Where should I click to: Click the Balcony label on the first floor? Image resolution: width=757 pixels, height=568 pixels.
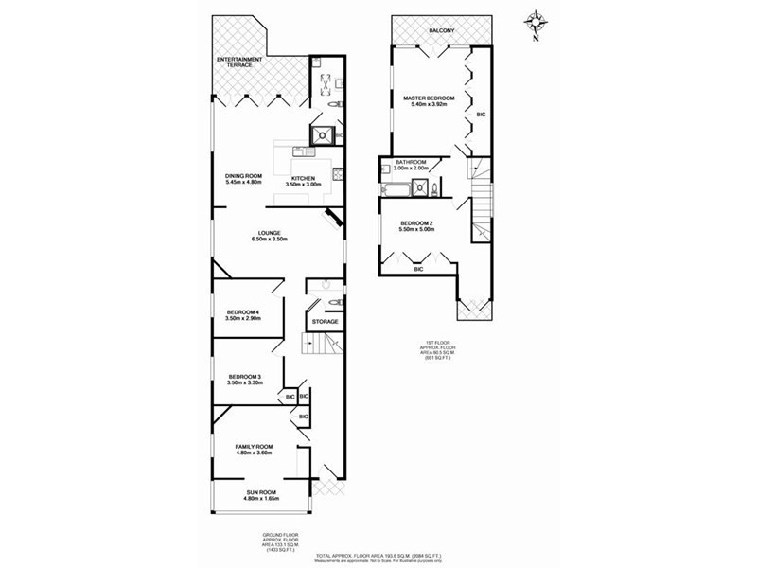coord(441,31)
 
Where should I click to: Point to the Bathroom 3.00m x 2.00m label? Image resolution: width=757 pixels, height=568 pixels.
coord(413,164)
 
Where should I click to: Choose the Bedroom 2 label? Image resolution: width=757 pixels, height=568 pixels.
coord(416,226)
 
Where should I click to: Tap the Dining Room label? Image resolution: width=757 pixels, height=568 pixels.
coord(243,178)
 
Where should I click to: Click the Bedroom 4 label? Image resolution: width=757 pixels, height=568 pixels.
coord(243,315)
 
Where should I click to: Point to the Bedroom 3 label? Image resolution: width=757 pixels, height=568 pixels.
coord(243,381)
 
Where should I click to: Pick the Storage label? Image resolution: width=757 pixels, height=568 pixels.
coord(326,322)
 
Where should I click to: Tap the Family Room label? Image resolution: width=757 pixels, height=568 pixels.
coord(254,449)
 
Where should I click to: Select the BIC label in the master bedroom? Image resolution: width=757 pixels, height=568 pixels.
coord(482,114)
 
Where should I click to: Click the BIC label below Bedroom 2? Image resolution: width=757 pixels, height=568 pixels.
coord(418,270)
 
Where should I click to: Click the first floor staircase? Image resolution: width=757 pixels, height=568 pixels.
coord(483,204)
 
